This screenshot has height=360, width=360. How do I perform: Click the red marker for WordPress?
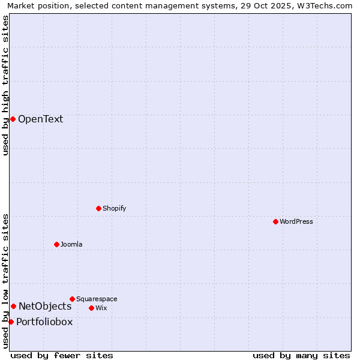(275, 221)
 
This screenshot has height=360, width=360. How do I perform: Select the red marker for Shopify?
(99, 208)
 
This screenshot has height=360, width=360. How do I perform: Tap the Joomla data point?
(57, 244)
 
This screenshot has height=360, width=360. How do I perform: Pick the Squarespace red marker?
(73, 299)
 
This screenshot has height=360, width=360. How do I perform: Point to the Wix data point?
(91, 308)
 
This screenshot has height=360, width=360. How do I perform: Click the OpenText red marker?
(13, 119)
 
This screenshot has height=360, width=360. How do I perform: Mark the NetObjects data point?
(13, 306)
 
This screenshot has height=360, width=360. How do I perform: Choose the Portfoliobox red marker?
(11, 322)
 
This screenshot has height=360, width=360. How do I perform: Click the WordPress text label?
(296, 221)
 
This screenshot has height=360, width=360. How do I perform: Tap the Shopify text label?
(114, 208)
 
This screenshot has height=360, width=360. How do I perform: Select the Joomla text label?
(71, 244)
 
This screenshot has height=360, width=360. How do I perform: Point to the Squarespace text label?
(97, 299)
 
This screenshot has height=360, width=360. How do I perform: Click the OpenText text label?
(40, 119)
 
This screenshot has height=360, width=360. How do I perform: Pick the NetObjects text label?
(45, 306)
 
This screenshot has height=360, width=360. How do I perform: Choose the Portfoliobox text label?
(44, 322)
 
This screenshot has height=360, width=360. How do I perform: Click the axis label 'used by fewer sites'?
(62, 355)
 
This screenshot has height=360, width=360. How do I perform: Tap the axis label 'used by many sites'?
(301, 355)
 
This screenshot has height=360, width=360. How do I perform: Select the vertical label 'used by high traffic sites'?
(5, 85)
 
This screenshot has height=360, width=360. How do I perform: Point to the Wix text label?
(101, 308)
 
